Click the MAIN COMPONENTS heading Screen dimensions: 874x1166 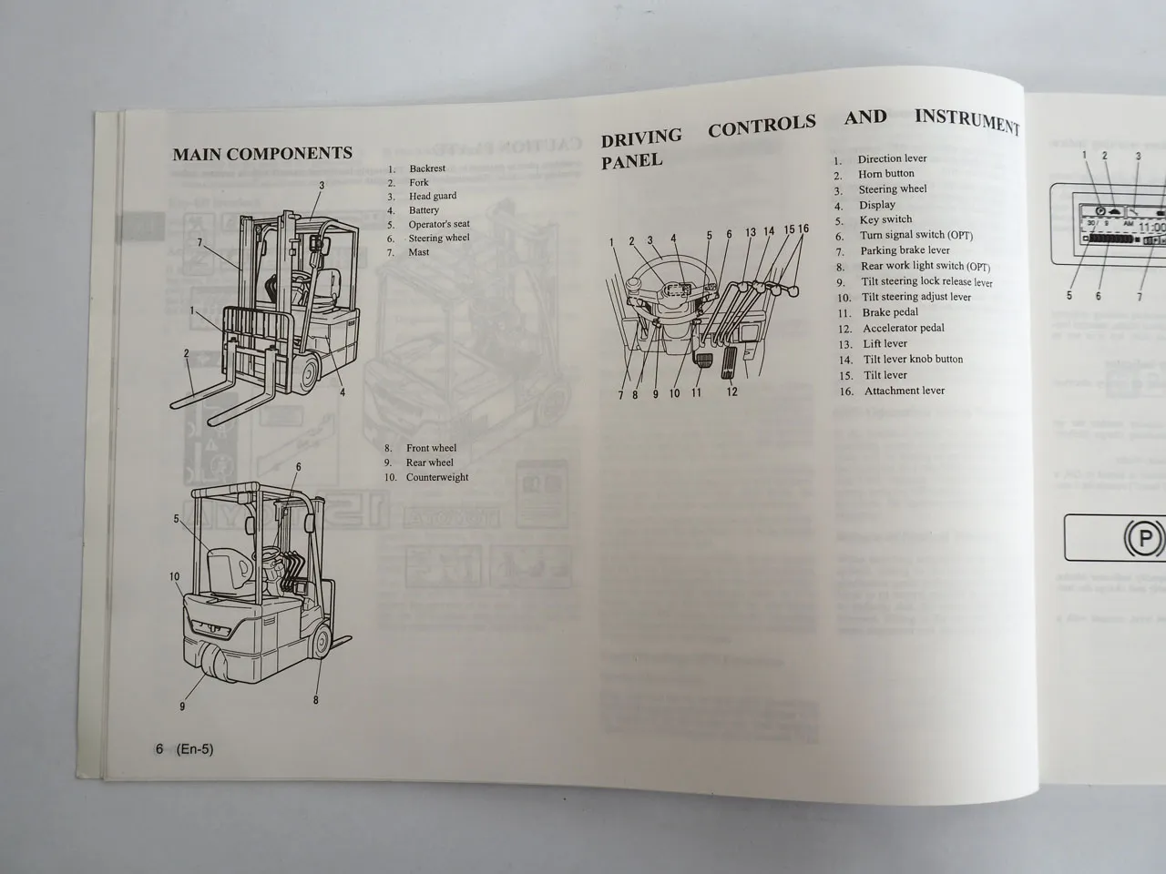pyautogui.click(x=262, y=153)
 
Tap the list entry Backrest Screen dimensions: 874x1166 pyautogui.click(x=426, y=168)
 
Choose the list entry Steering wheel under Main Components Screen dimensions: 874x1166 pyautogui.click(x=438, y=239)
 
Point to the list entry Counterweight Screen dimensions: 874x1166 pyautogui.click(x=436, y=477)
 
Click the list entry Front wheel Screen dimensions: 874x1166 pyautogui.click(x=430, y=448)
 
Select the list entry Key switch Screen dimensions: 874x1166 pyautogui.click(x=885, y=219)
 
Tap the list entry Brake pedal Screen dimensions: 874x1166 pyautogui.click(x=890, y=312)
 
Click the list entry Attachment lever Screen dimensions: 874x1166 pyautogui.click(x=904, y=391)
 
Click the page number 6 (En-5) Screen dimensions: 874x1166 pyautogui.click(x=184, y=749)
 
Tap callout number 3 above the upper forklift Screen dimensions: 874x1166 pyautogui.click(x=322, y=186)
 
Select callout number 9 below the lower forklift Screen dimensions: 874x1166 pyautogui.click(x=183, y=706)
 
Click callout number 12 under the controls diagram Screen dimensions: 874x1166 pyautogui.click(x=731, y=392)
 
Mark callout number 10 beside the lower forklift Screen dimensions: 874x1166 pyautogui.click(x=173, y=576)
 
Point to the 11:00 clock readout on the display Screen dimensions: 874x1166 pyautogui.click(x=1151, y=228)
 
